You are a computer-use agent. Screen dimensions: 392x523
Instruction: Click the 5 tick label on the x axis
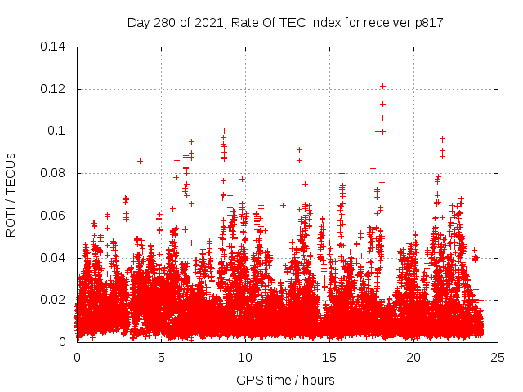tap(161, 358)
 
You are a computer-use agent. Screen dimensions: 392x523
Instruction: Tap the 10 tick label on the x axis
tap(245, 358)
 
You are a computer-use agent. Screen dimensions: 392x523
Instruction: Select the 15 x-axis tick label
tap(329, 358)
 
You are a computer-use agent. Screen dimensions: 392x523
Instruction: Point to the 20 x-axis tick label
tap(413, 358)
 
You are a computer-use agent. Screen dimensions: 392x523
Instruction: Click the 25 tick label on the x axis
tap(498, 358)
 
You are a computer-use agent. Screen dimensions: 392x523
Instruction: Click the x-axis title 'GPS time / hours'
tap(285, 380)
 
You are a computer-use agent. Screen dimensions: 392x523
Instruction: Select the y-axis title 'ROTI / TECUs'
tap(11, 194)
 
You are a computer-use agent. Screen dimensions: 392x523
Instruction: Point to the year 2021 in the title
tap(208, 23)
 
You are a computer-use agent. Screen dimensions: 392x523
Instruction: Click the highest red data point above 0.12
tap(382, 86)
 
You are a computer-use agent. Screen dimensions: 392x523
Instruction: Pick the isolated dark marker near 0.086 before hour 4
tap(140, 161)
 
